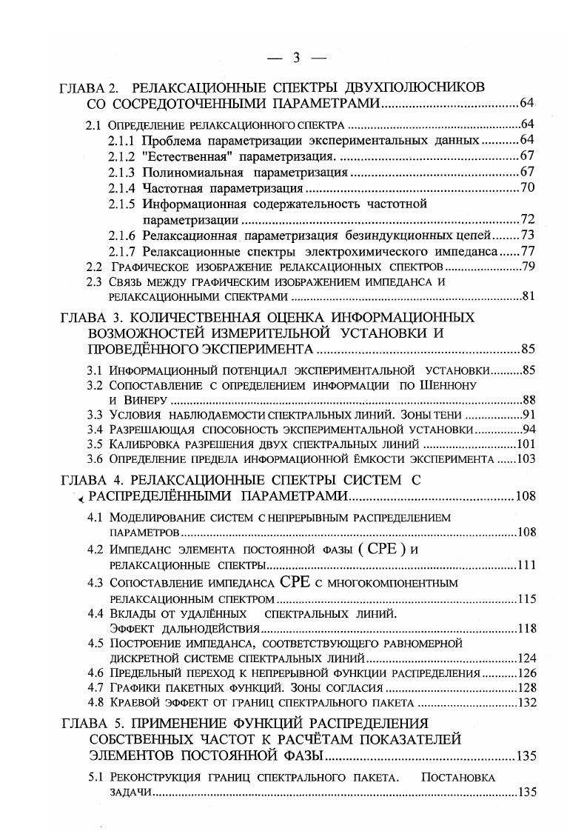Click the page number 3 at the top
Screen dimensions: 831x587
click(295, 57)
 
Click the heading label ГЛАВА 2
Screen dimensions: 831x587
click(89, 87)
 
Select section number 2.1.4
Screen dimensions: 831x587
click(121, 187)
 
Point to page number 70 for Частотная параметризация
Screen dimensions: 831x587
click(528, 187)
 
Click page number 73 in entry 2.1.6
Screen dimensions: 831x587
click(528, 236)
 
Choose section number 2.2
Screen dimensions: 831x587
click(94, 267)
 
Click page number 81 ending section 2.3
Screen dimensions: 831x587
click(528, 296)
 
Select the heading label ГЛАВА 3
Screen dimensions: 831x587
click(89, 317)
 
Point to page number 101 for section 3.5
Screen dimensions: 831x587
click(526, 444)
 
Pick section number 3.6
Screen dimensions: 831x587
click(94, 460)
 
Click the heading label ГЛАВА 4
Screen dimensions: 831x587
click(89, 480)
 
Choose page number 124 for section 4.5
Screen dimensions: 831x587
click(526, 658)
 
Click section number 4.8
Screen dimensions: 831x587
click(94, 703)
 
